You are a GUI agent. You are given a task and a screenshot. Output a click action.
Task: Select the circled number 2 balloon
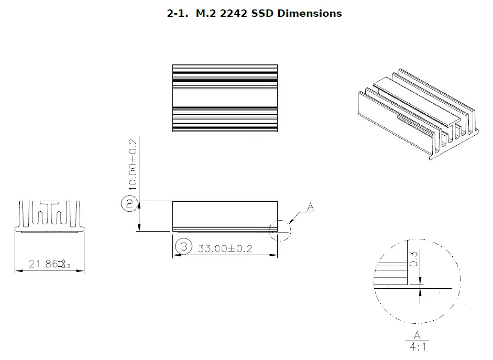coord(129,203)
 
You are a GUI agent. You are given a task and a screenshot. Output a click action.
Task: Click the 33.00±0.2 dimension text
coord(225,248)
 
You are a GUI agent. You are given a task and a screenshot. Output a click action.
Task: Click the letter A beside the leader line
coord(310,208)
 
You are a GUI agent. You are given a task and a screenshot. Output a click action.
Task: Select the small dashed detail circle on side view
coord(279,230)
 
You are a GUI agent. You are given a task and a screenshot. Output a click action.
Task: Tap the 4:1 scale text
coord(418,346)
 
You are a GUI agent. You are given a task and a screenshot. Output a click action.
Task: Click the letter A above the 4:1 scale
coord(418,335)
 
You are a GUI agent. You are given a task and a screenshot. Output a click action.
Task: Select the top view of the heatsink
coord(225,98)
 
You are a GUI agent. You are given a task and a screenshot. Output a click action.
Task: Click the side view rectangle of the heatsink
coord(225,215)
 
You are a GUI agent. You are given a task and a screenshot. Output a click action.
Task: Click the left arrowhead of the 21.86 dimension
coord(18,271)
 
